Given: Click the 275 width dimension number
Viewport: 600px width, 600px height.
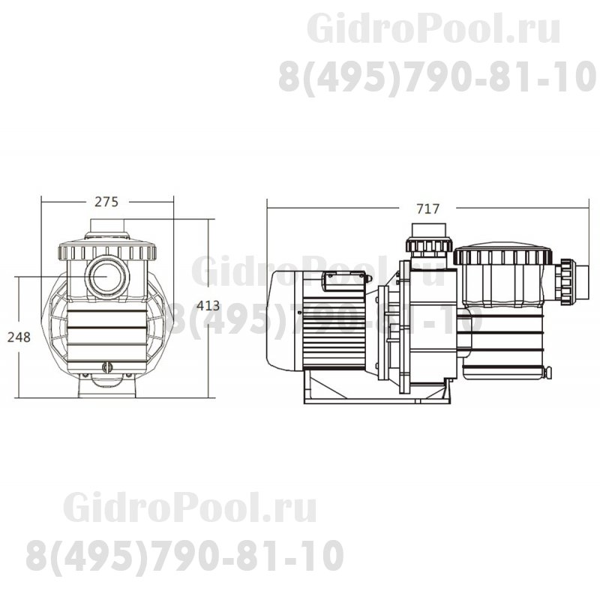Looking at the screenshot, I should (106, 201).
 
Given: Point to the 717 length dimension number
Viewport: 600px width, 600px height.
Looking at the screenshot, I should (428, 209).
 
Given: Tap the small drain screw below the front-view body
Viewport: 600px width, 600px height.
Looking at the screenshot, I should (106, 368).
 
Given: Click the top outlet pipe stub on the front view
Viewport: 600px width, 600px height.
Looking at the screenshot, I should (106, 226).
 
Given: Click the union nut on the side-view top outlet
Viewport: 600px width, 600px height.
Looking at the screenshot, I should (428, 244).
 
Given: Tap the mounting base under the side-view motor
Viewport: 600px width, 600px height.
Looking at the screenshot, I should (375, 390).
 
